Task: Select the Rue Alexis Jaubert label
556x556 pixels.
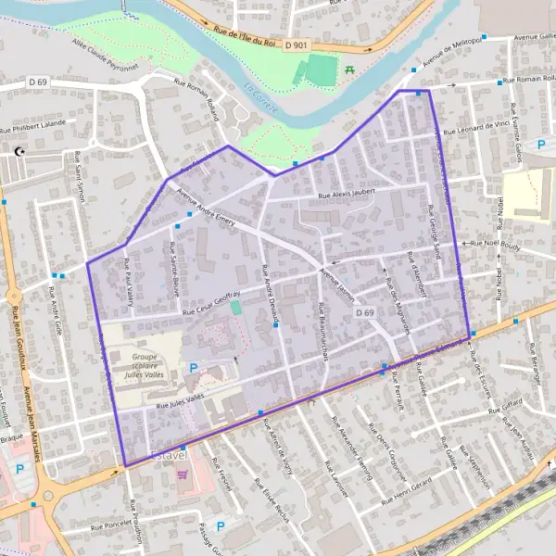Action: (346, 195)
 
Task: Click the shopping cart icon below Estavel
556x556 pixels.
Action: (182, 474)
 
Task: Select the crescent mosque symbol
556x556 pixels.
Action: (18, 152)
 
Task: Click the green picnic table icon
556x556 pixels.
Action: (349, 69)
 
